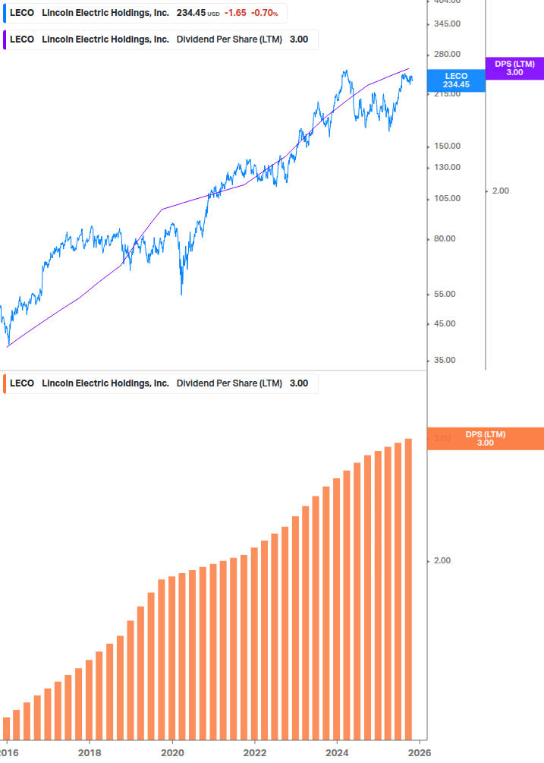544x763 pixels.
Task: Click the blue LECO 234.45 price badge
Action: (456, 80)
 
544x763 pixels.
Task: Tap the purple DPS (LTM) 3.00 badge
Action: (514, 68)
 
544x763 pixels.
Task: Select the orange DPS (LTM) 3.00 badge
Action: (486, 439)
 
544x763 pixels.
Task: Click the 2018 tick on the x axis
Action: (90, 752)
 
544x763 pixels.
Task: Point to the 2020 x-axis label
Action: (172, 752)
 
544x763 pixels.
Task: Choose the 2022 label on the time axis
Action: (255, 752)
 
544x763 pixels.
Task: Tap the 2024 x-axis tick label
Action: (337, 752)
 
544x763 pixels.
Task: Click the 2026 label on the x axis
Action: (420, 752)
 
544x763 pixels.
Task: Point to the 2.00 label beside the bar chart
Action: (442, 561)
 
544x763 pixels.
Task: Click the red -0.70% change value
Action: (265, 13)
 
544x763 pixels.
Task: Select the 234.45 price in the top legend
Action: (190, 13)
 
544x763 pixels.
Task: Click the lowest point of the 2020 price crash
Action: (181, 295)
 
